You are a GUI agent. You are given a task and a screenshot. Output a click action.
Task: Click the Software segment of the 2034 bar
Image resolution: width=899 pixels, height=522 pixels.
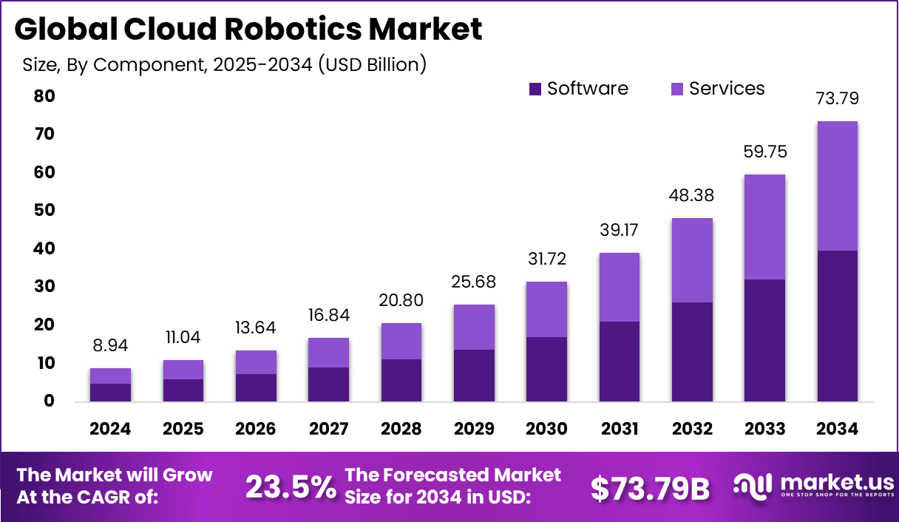point(837,326)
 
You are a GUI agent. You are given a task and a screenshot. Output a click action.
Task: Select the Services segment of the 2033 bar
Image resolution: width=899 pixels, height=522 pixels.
point(764,227)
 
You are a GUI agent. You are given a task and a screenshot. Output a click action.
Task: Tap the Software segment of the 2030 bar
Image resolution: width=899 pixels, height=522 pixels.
point(546,369)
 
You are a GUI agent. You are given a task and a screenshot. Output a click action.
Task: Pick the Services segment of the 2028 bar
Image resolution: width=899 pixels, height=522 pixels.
point(401,341)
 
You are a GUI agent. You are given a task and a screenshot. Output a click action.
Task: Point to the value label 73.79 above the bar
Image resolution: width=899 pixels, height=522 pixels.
point(837,98)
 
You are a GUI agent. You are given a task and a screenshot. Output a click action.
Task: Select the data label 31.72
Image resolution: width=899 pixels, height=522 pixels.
point(546,260)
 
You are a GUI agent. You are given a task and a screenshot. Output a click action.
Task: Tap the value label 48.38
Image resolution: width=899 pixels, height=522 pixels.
point(692,196)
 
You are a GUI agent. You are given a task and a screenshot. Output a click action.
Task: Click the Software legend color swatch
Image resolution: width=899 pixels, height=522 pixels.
point(535,89)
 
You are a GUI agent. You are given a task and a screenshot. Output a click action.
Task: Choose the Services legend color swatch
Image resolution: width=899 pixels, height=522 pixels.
point(677,89)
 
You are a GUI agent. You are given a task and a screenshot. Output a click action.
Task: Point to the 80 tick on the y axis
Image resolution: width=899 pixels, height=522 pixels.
point(44,97)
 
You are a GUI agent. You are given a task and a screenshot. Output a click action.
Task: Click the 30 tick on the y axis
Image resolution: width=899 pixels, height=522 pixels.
point(44,287)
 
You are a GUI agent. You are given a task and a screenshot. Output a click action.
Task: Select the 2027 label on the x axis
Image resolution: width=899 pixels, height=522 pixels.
point(328,429)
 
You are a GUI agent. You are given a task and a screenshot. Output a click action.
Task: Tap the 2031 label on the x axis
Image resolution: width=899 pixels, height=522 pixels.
point(619,429)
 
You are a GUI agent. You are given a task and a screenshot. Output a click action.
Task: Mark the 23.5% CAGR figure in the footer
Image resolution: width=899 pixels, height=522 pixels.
point(290,487)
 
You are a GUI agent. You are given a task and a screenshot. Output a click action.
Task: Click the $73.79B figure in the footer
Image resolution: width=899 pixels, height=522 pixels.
point(651,488)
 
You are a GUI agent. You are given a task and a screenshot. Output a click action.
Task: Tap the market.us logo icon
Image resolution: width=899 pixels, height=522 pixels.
point(752,486)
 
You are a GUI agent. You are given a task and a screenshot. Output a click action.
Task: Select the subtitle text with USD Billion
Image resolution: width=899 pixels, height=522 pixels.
point(224,65)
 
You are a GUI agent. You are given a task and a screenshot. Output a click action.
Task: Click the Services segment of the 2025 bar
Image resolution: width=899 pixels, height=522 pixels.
point(183,370)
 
